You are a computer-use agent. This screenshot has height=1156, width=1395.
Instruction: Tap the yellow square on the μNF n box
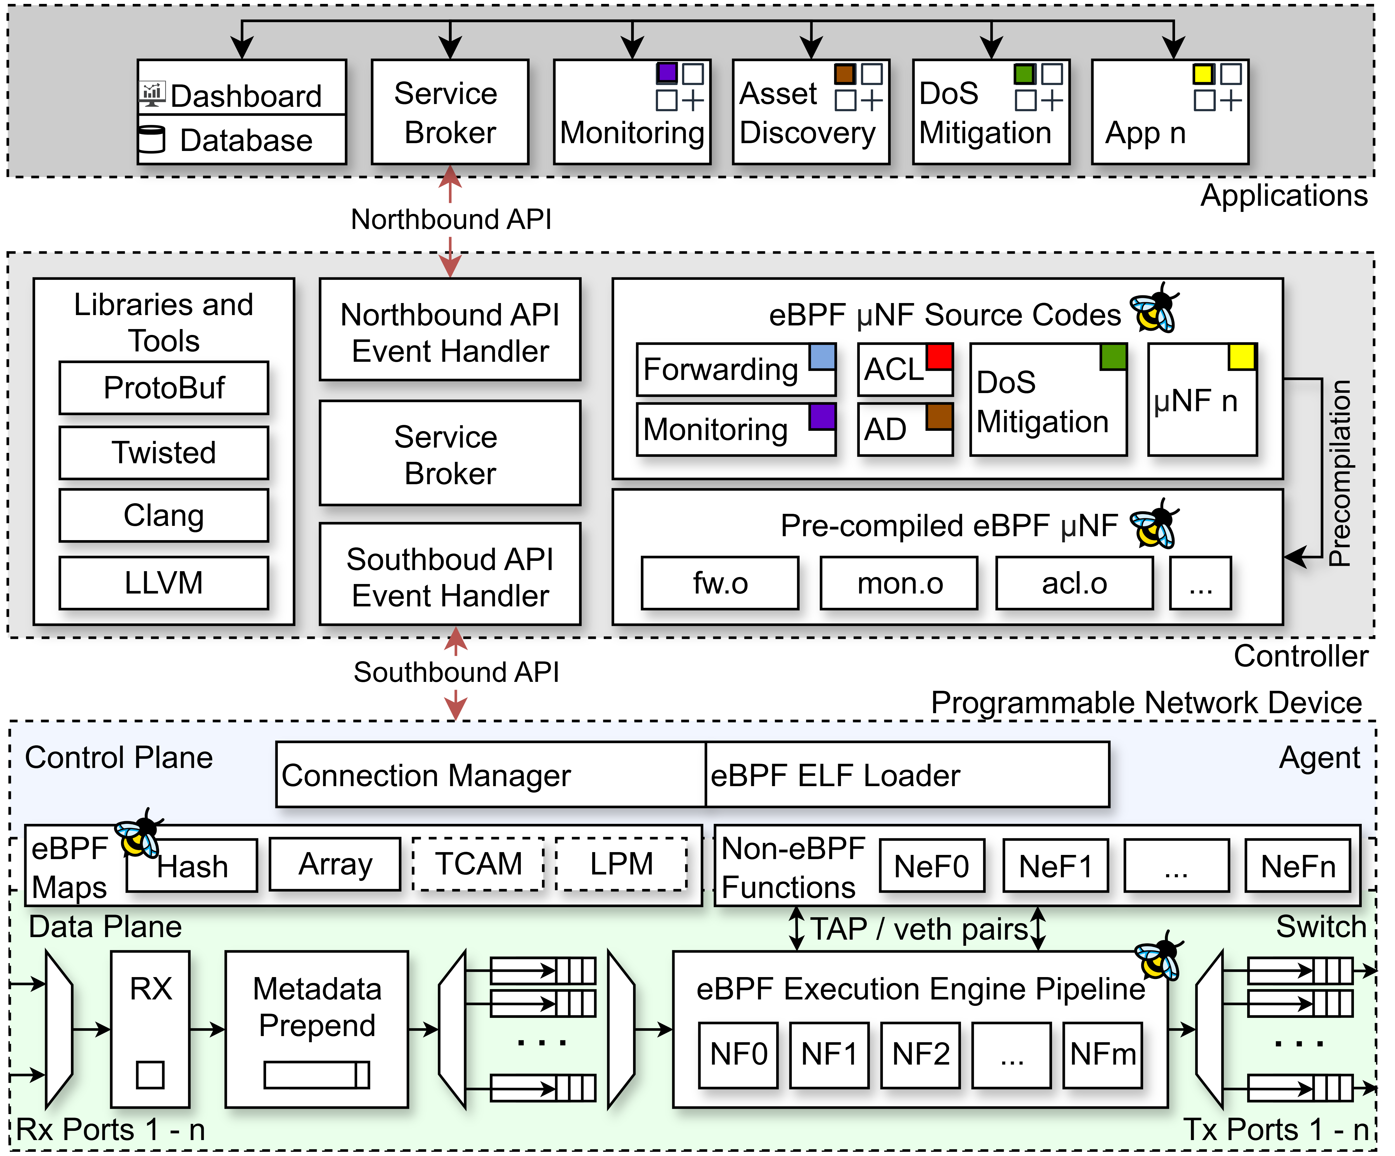(x=1242, y=356)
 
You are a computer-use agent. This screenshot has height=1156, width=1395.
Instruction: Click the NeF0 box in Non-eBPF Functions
(x=931, y=866)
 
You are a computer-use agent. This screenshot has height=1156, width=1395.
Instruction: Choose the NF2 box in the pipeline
(x=921, y=1054)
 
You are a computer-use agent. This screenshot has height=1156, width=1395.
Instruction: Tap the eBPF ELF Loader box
(x=907, y=775)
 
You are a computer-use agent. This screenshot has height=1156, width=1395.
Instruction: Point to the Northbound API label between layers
(x=451, y=219)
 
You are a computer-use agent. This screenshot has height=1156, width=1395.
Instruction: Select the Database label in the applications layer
(x=246, y=140)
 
